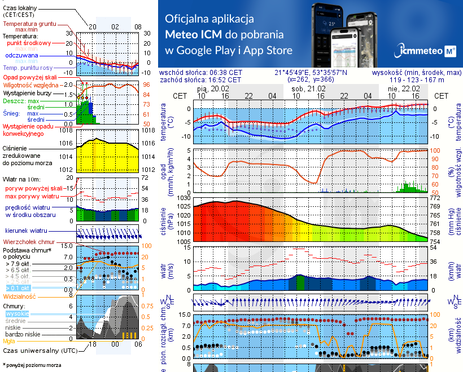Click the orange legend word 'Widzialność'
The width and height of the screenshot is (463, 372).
[x=20, y=296]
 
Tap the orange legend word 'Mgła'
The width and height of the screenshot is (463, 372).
[x=9, y=341]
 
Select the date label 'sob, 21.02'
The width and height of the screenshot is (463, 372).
[x=308, y=88]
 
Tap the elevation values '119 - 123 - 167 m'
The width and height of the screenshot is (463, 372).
[x=417, y=79]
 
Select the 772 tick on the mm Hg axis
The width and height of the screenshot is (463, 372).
[x=434, y=198]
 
